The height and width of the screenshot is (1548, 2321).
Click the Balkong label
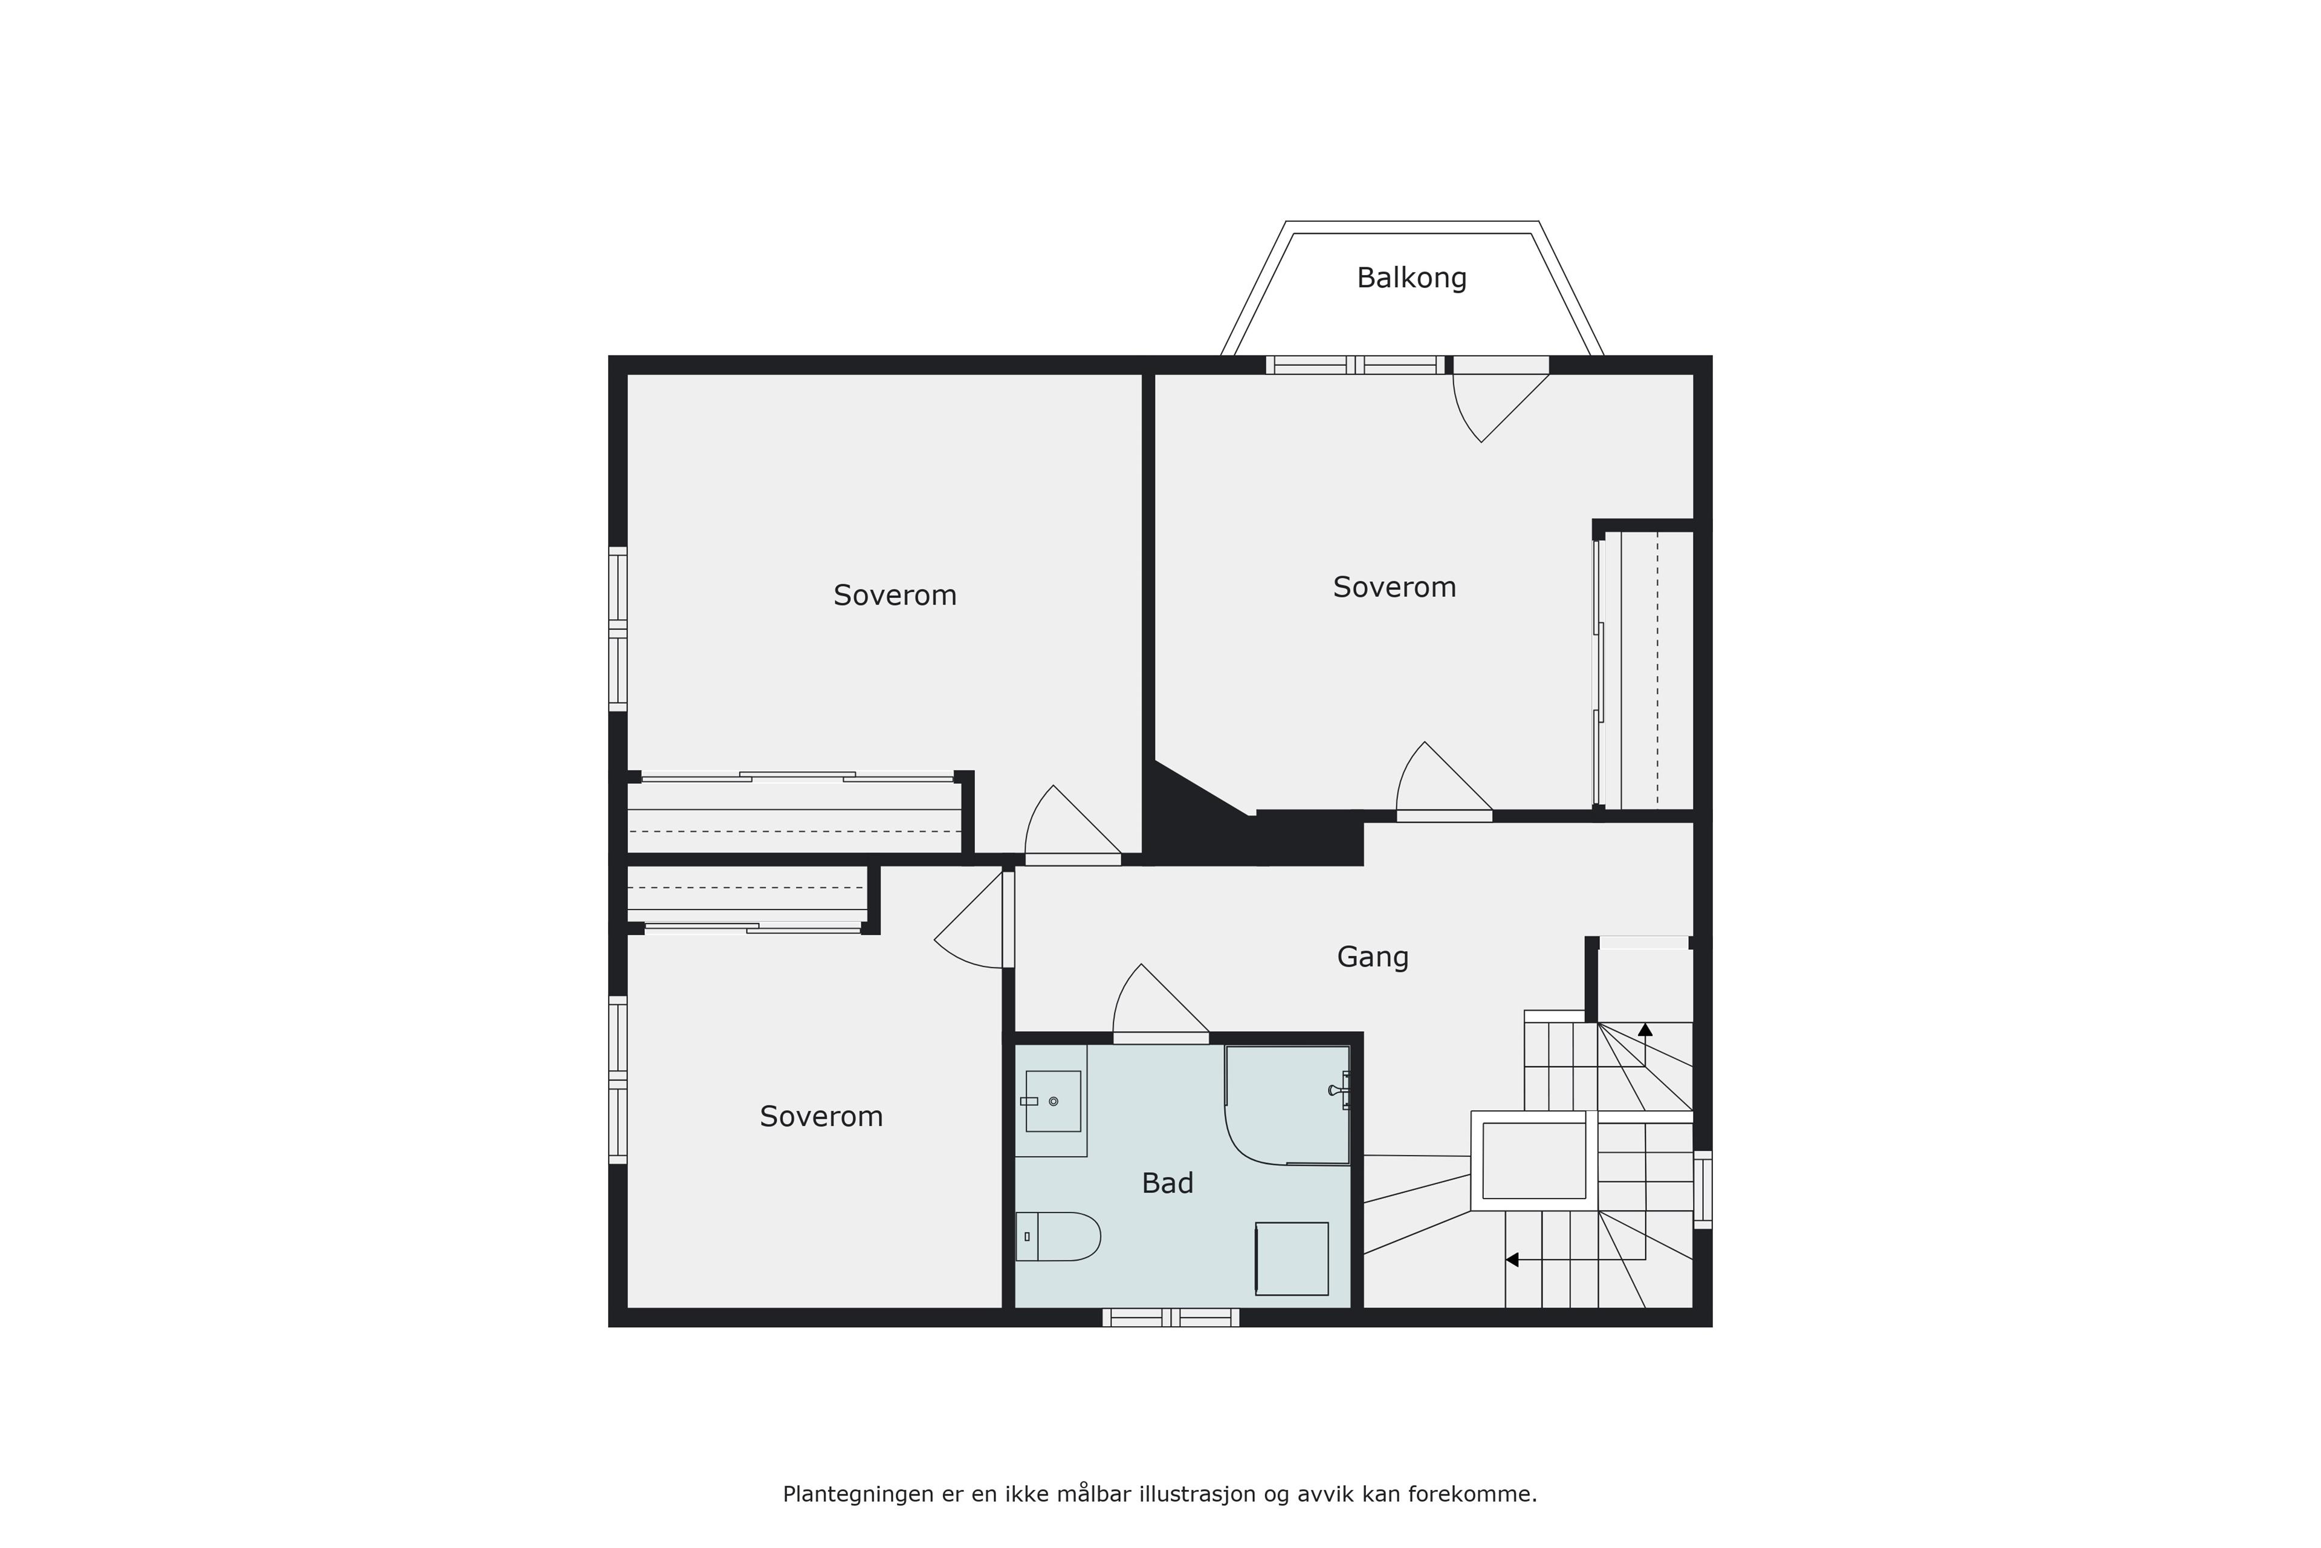pos(1411,278)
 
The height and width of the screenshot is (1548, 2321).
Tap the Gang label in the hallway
pos(1373,957)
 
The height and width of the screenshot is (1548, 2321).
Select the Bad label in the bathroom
pos(1167,1183)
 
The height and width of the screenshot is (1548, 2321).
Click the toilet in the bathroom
pos(1058,1236)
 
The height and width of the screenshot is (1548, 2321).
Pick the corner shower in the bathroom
pos(1287,1106)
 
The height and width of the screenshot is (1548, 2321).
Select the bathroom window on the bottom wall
pos(1170,1317)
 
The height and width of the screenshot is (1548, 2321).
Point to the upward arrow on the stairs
pos(1645,1029)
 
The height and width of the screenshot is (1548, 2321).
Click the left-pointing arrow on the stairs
pos(1512,1260)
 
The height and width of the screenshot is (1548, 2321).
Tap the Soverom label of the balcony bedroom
pos(1394,587)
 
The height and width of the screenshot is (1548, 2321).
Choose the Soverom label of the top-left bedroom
pos(895,595)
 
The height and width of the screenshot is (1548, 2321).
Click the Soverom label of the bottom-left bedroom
pos(821,1117)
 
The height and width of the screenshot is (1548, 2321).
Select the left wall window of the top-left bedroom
pos(618,629)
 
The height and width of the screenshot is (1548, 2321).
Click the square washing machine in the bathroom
pos(1292,1259)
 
